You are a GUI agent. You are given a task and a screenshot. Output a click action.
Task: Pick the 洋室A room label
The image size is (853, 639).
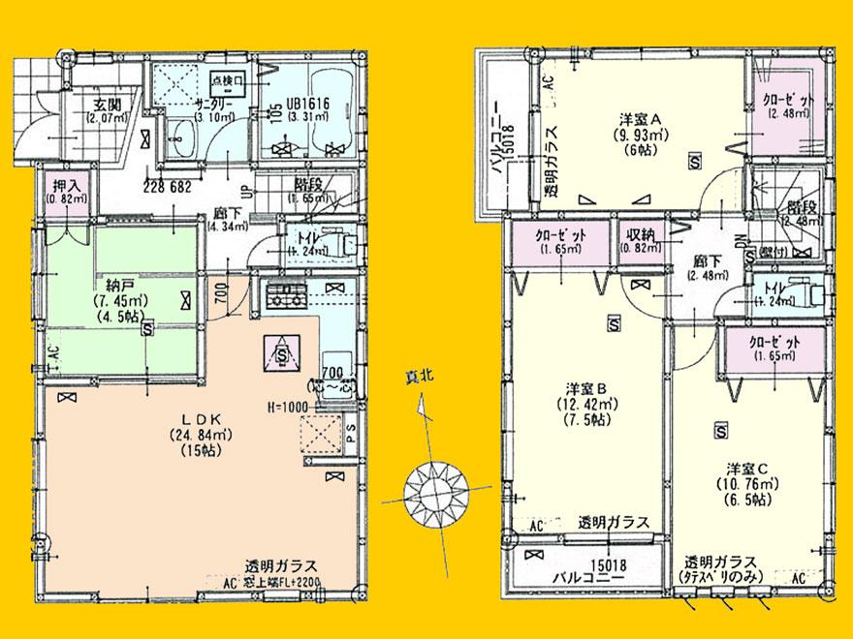[x=640, y=119]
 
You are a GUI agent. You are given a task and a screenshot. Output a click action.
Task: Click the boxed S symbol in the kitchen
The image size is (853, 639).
[x=280, y=354]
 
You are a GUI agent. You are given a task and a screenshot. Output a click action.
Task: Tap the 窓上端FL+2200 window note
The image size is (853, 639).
[x=281, y=583]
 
